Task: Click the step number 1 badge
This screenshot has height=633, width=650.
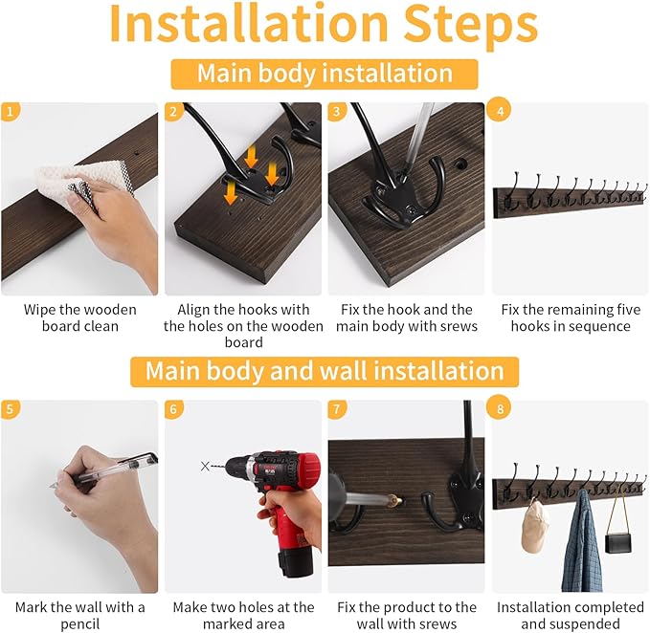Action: click(10, 112)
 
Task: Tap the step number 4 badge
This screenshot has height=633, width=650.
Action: click(501, 111)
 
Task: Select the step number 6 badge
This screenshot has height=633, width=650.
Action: click(173, 409)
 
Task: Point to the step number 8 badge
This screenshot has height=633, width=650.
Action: click(501, 408)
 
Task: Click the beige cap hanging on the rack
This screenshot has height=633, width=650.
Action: click(535, 527)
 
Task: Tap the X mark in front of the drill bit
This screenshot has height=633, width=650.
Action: click(205, 467)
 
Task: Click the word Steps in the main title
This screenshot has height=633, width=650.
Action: click(471, 26)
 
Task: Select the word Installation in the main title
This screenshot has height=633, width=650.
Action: click(249, 23)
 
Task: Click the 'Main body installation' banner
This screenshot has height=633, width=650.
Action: click(325, 75)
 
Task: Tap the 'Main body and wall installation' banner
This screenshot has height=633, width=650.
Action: click(325, 371)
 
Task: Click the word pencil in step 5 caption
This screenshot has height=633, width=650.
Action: click(80, 623)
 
